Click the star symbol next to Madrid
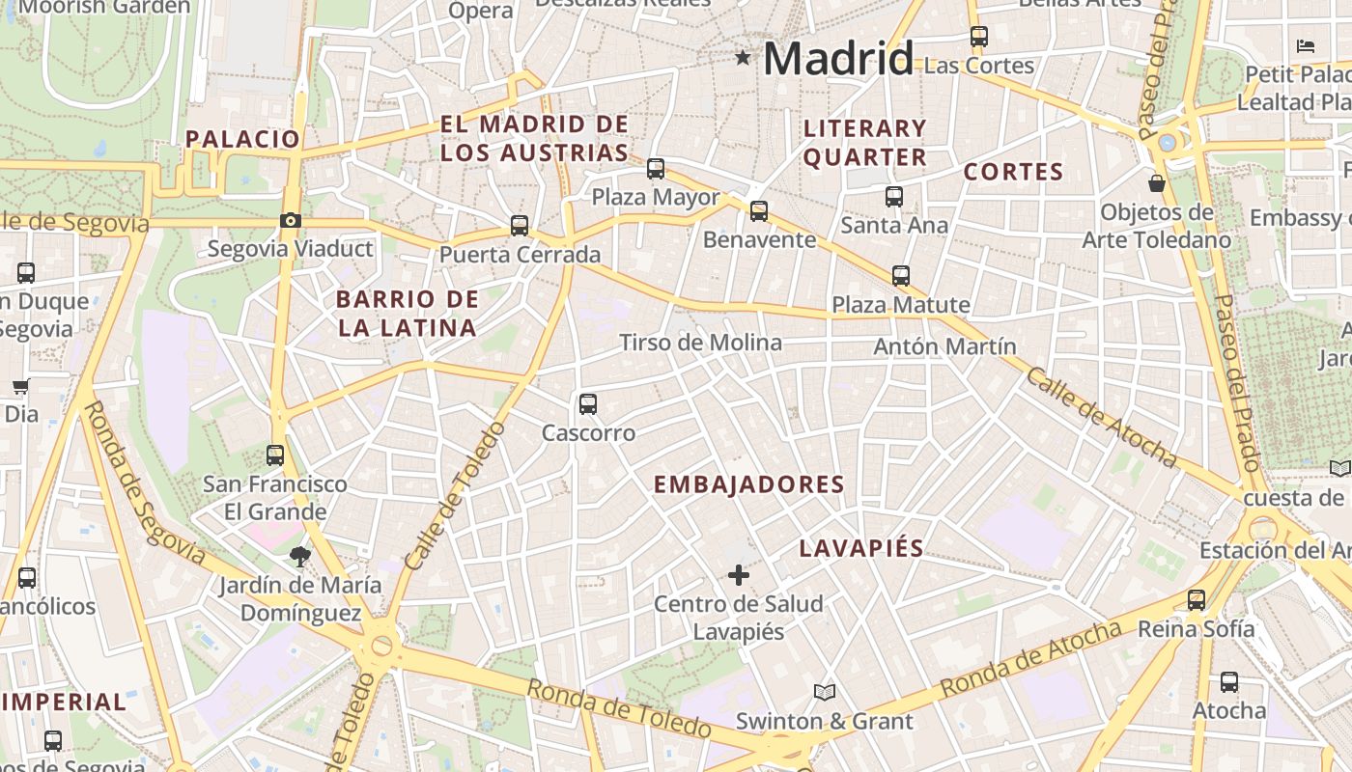[743, 58]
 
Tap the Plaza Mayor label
[655, 197]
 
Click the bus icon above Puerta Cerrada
[520, 226]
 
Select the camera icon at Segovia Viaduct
[290, 221]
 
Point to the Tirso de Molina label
[700, 343]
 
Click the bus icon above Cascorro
[588, 404]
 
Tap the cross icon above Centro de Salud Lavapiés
[739, 576]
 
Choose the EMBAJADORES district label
[749, 484]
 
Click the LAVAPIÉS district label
[861, 548]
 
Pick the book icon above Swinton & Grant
[824, 692]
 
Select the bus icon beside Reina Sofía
[1197, 600]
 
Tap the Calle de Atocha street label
[1101, 417]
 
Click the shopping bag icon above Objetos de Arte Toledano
[1156, 182]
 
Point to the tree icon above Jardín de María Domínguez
[299, 556]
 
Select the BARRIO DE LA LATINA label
[407, 313]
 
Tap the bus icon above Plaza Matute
[901, 276]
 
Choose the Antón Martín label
[944, 346]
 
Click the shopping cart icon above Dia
[20, 387]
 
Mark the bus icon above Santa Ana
[894, 197]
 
